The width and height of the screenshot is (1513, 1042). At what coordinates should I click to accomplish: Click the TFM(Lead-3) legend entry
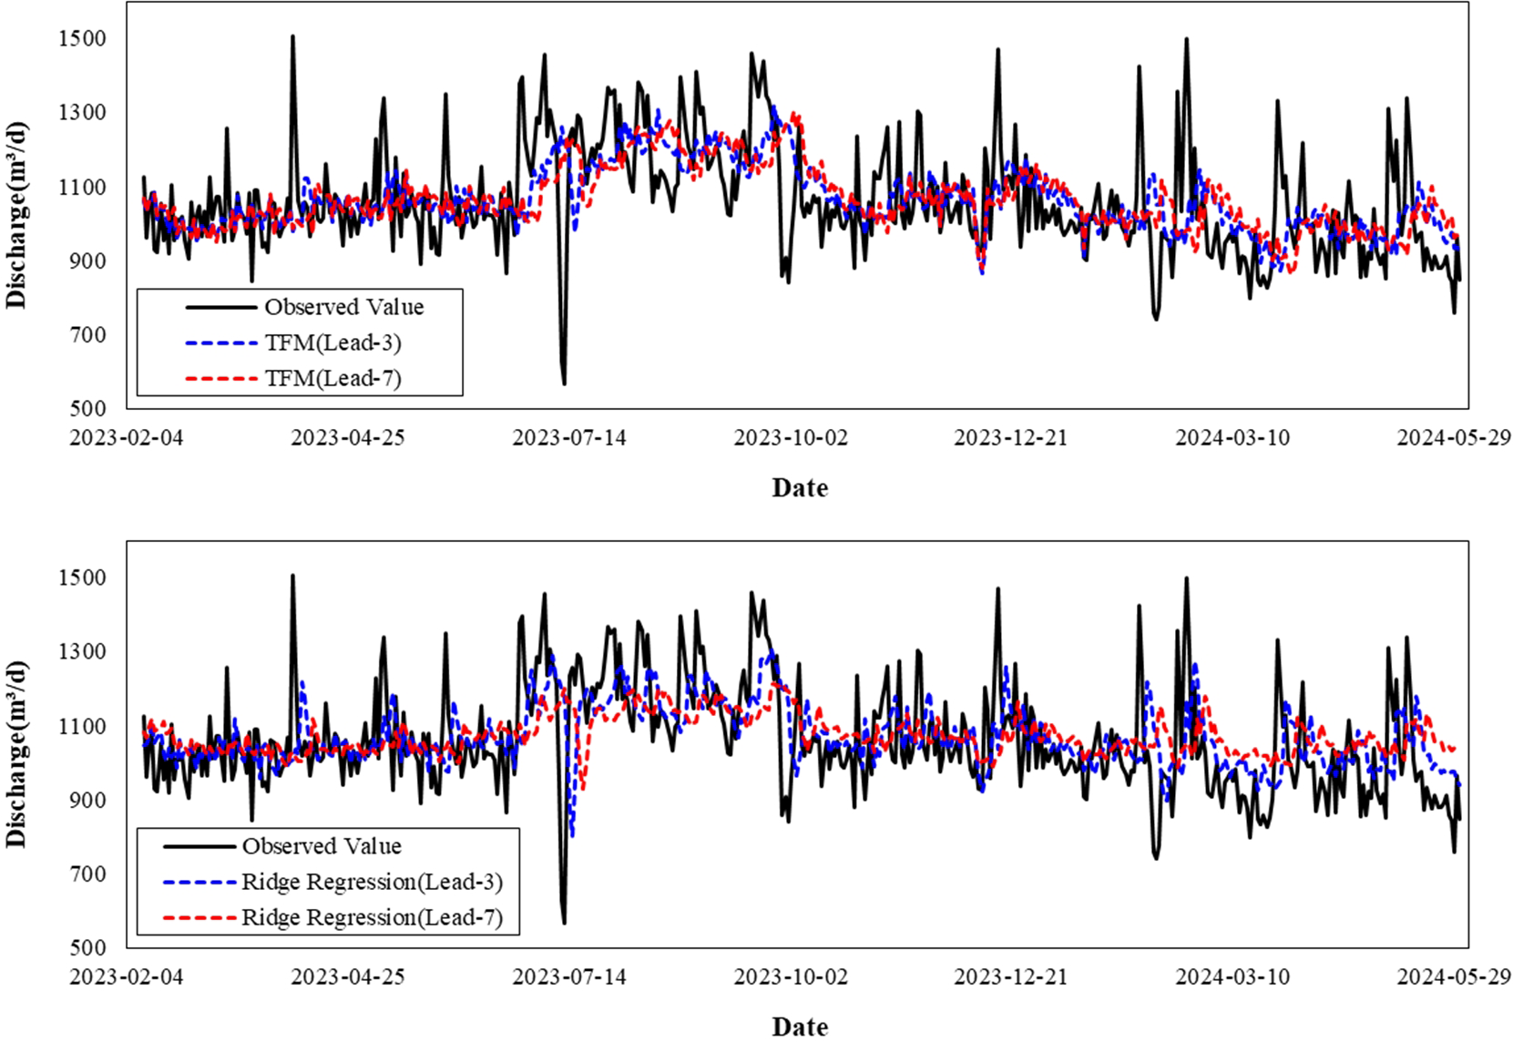point(332,342)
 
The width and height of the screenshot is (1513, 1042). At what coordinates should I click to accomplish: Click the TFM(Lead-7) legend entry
point(332,378)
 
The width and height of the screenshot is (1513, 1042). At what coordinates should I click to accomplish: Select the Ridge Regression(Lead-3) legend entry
point(372,882)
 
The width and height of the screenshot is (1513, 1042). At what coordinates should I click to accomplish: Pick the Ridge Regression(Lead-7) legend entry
point(372,917)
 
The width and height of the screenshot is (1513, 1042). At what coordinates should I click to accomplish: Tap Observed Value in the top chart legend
point(343,307)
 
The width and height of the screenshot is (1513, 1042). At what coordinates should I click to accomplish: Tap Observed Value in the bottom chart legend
point(321,846)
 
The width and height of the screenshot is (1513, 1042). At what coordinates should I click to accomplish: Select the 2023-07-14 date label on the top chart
point(569,437)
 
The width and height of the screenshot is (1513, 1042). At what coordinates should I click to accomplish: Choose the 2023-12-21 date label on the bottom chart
point(1010,976)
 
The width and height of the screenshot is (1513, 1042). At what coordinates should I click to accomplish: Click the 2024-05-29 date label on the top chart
point(1453,437)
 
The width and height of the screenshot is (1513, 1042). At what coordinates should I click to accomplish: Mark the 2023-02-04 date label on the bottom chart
point(127,976)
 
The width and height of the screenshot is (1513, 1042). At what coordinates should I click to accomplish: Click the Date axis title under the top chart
point(800,488)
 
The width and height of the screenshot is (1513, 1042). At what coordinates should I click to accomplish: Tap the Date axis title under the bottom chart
point(800,1027)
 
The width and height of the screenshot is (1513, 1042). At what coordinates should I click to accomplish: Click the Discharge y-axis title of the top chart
point(17,215)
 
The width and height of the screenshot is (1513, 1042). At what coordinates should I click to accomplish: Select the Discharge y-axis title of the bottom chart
point(17,754)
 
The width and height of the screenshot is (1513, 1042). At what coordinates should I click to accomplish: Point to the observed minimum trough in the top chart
point(564,383)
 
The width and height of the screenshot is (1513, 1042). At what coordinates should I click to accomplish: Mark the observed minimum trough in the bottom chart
point(564,922)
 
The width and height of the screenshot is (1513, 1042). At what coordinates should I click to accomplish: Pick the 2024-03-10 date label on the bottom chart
point(1232,976)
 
